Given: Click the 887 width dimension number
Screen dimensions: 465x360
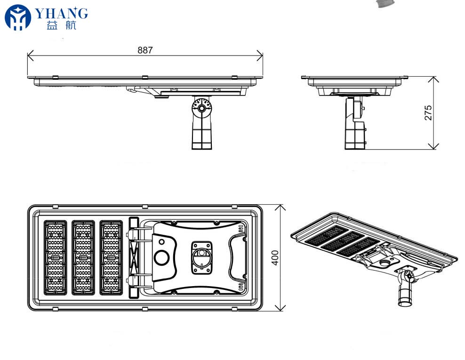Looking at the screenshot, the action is click(145, 50).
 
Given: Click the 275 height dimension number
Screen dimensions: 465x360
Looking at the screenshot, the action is click(428, 112).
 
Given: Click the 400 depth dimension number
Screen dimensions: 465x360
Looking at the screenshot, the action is click(275, 258).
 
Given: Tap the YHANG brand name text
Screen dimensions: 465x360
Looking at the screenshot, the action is click(61, 14).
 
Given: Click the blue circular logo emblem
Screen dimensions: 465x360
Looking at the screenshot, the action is click(18, 17).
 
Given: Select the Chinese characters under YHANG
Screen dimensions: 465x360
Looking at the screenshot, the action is click(61, 25).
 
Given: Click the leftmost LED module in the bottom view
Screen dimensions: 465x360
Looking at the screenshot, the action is click(56, 258).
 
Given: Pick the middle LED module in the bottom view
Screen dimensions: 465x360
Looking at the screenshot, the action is click(83, 258).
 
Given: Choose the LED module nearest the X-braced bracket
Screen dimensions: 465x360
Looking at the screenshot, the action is click(111, 258).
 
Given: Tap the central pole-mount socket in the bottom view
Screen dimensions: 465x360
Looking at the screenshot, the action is click(201, 257).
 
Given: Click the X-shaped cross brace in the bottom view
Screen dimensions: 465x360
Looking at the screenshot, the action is click(134, 258).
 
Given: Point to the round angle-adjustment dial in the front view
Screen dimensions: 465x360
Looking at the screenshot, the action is click(201, 108).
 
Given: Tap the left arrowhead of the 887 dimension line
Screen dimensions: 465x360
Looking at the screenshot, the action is click(30, 56).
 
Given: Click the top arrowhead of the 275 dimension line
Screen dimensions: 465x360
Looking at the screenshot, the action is click(433, 80).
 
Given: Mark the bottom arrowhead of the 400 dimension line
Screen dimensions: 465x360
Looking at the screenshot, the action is click(280, 308).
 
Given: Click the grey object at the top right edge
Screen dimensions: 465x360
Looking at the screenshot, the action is click(386, 3).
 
